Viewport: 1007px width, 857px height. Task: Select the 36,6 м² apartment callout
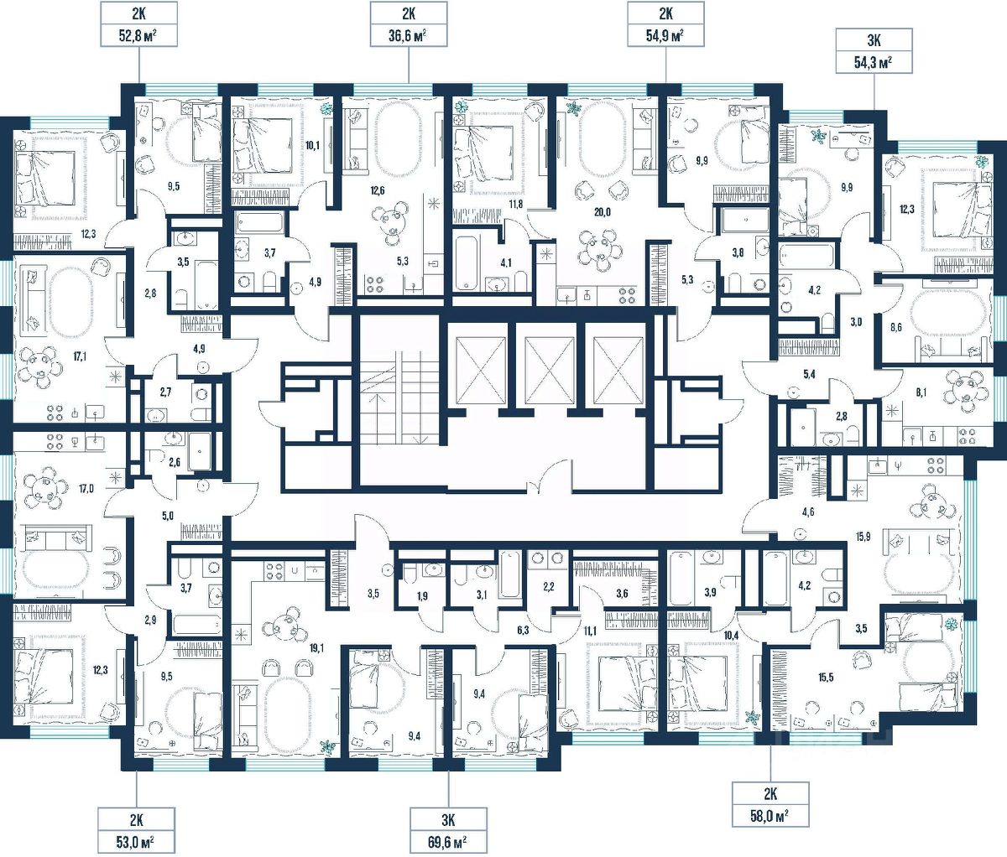tap(409, 23)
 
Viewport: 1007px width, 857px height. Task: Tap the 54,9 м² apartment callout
tap(666, 23)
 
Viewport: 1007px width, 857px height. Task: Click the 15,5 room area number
tap(825, 678)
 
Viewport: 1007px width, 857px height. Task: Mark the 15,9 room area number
tap(862, 537)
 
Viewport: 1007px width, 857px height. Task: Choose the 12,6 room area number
tap(377, 190)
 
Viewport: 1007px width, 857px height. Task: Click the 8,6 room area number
tap(896, 328)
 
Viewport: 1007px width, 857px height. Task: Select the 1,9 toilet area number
tap(422, 595)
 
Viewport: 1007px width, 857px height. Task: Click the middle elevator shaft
tap(550, 363)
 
